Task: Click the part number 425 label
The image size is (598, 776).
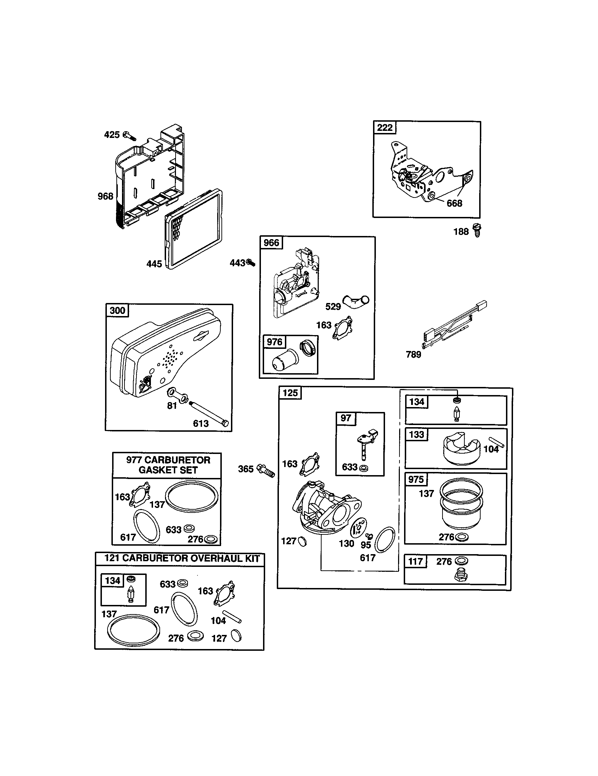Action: [x=111, y=135]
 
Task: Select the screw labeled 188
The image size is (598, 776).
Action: [x=477, y=230]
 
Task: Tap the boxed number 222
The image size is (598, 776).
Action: [x=385, y=127]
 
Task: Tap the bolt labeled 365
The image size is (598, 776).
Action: [x=266, y=470]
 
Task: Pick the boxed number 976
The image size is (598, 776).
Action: [x=274, y=342]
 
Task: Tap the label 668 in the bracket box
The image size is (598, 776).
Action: [x=454, y=203]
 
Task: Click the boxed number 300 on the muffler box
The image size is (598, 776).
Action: [x=117, y=310]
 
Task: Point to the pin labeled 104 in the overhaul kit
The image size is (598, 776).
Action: [x=232, y=617]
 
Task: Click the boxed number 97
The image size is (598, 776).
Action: [x=346, y=418]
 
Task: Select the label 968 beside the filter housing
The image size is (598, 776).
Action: [x=105, y=196]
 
